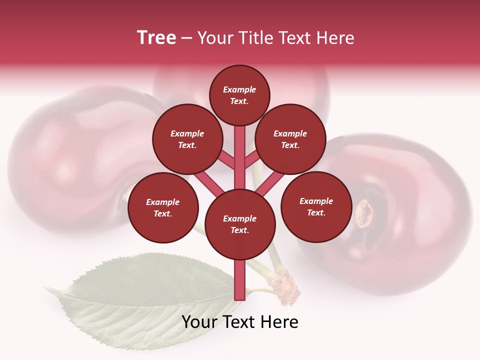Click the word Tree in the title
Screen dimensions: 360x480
pyautogui.click(x=156, y=38)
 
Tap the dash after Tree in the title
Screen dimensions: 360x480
pyautogui.click(x=186, y=38)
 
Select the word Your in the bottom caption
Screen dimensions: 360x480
pyautogui.click(x=200, y=322)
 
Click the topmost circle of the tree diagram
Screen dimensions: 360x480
pyautogui.click(x=239, y=95)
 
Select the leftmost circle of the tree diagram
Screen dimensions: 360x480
pyautogui.click(x=163, y=207)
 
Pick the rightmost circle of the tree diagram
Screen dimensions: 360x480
pyautogui.click(x=316, y=206)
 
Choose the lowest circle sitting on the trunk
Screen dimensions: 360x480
pyautogui.click(x=240, y=224)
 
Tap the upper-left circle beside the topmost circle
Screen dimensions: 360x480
pyautogui.click(x=187, y=139)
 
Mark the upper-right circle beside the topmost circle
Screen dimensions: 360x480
pyautogui.click(x=290, y=139)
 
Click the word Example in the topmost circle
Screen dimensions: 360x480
pyautogui.click(x=239, y=89)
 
